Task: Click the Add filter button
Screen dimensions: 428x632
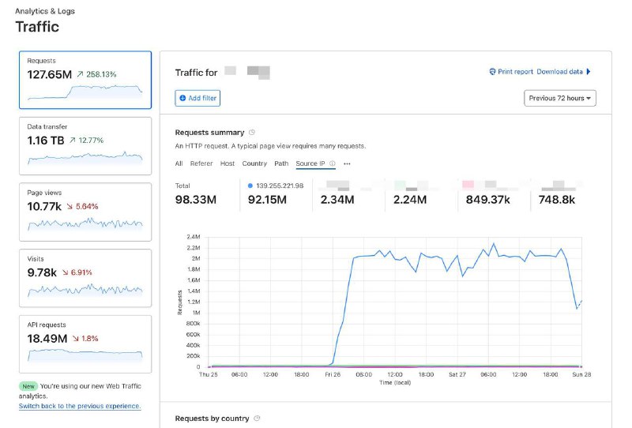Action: (x=197, y=98)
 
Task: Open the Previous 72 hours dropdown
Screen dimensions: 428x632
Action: (x=560, y=98)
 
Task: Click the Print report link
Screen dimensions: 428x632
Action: (x=510, y=72)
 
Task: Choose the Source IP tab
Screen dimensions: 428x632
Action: (x=310, y=163)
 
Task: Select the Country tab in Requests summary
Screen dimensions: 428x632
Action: (x=254, y=163)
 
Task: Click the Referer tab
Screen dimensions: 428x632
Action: (x=201, y=163)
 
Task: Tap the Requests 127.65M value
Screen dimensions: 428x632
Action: (x=49, y=74)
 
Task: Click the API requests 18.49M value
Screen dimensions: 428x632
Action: (x=47, y=338)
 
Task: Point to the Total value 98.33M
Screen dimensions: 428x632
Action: (x=196, y=200)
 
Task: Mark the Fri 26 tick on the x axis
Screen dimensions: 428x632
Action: (x=332, y=375)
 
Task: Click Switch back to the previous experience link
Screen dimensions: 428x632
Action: (x=80, y=406)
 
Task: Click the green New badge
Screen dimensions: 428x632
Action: (x=28, y=386)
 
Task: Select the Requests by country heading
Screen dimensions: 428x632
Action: (x=212, y=418)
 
